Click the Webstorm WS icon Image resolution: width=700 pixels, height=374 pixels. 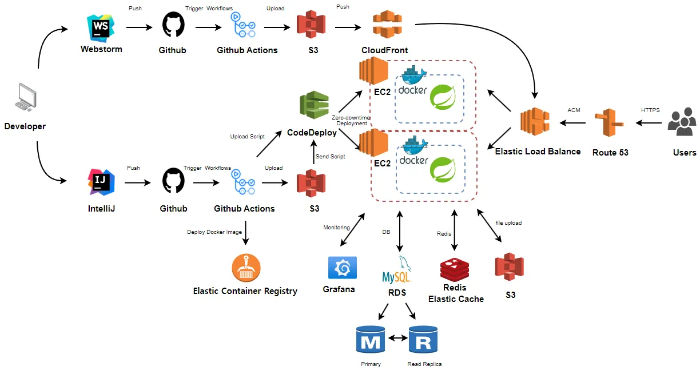[101, 26]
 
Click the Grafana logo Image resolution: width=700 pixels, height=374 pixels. [342, 268]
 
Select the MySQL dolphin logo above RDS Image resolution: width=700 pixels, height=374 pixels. [396, 271]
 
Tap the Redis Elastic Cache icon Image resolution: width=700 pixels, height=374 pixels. [455, 269]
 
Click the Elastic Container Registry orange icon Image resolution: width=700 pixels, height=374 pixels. [246, 268]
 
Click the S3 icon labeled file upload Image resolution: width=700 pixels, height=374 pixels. [510, 267]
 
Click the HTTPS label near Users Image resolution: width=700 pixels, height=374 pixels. [650, 110]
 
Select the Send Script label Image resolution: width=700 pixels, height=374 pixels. [330, 156]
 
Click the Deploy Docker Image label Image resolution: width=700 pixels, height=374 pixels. [214, 232]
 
